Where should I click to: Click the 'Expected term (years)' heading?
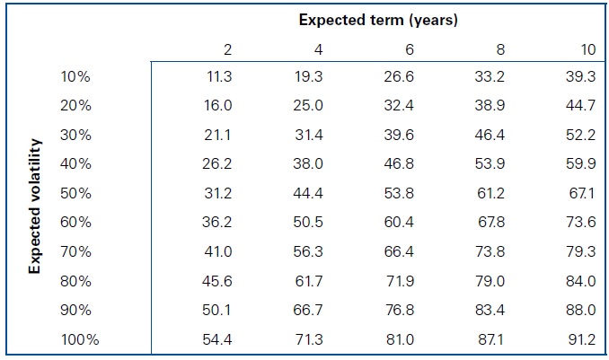coord(377,21)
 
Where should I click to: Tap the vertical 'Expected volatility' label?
coord(36,206)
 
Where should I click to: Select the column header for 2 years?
coord(227,48)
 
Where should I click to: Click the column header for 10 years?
coord(587,48)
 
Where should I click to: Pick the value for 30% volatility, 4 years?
coord(308,135)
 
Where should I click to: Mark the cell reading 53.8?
coord(399,193)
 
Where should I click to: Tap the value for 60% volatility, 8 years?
coord(490,223)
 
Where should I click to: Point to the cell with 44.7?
coord(581,106)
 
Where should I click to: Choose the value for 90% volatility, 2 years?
coord(219,312)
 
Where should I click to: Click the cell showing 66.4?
coord(399,252)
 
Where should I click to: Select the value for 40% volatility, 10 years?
coord(581,164)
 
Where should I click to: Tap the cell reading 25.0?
coord(308,106)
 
